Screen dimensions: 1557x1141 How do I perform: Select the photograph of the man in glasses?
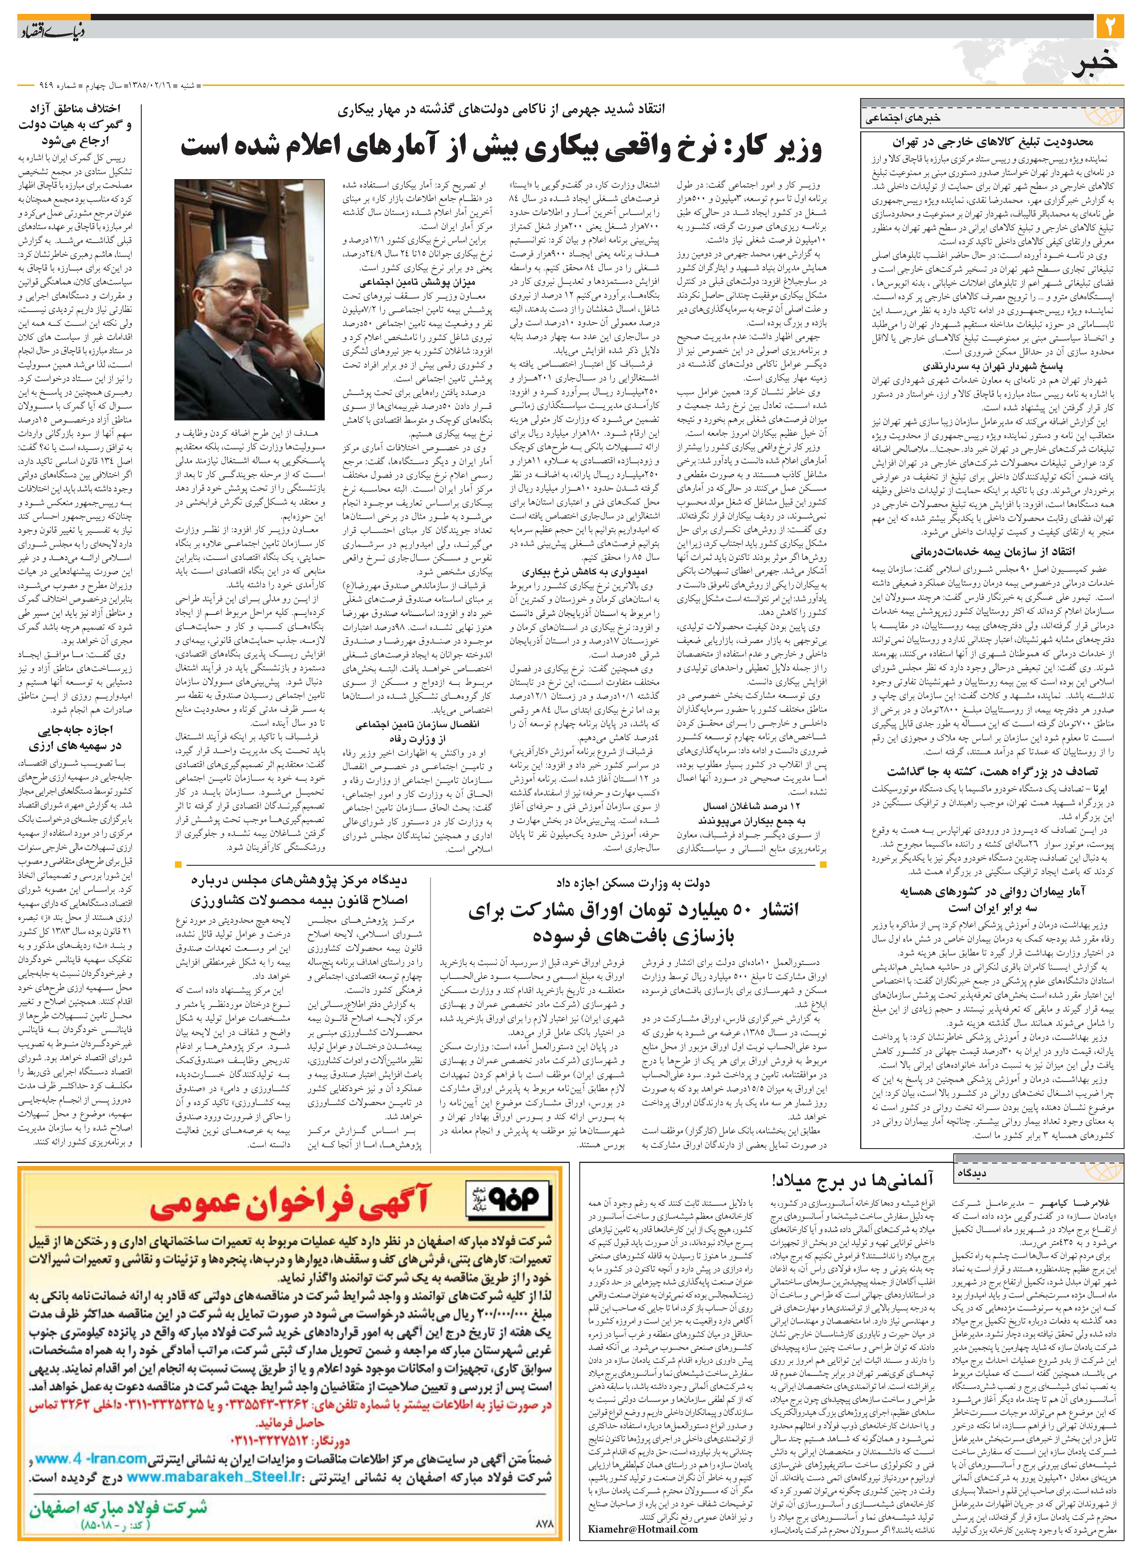[249, 299]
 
